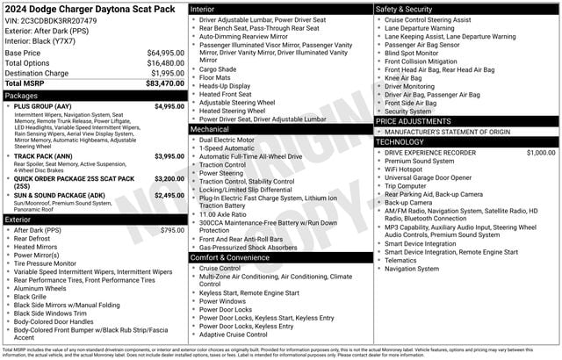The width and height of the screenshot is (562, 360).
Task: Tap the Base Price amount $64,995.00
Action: coord(165,53)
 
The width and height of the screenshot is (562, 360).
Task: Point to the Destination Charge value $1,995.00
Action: coord(168,73)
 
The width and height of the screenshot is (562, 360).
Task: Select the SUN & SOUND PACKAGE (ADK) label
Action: coord(60,195)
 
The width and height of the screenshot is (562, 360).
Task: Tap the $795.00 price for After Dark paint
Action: coord(172,230)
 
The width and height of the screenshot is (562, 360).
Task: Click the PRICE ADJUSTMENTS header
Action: coord(414,120)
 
